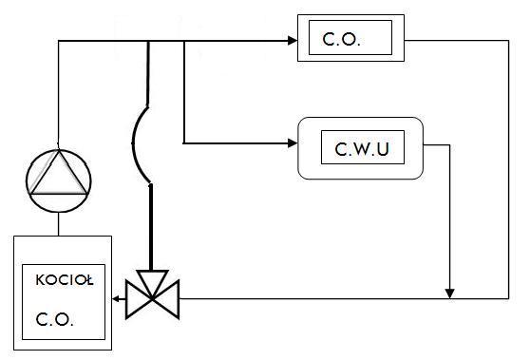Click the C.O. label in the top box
point(341,39)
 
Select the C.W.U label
point(362,149)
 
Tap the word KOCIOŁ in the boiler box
point(65,280)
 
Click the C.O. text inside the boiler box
point(54,319)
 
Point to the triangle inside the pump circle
point(59,176)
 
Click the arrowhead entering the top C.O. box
point(293,41)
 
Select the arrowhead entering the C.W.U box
point(293,143)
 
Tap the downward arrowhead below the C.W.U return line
point(449,294)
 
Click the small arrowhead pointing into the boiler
point(115,299)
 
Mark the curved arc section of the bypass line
point(132,143)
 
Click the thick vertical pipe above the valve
point(151,227)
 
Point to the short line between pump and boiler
point(59,224)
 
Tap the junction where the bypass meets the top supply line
point(148,41)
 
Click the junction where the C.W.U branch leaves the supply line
point(184,41)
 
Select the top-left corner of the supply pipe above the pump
point(59,41)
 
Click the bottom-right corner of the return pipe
point(508,299)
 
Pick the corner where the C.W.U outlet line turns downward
point(449,145)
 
